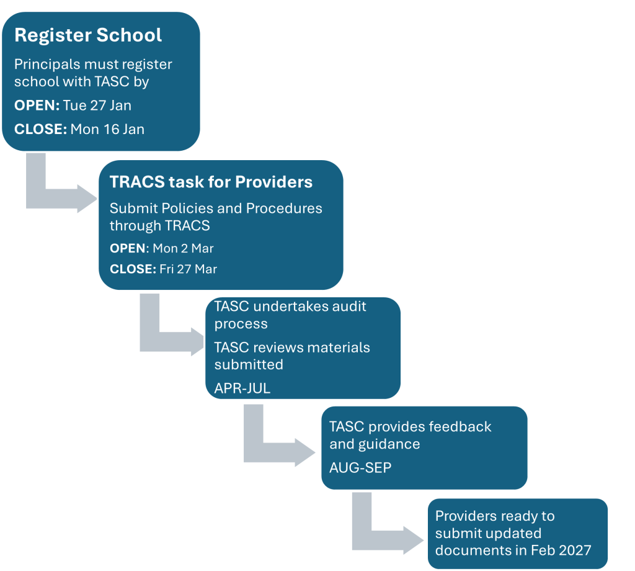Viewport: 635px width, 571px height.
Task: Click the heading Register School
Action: point(88,35)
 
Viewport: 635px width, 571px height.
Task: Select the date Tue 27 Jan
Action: point(97,106)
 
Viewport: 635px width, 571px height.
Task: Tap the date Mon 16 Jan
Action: point(107,129)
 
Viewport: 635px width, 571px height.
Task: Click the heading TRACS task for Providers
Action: point(211,182)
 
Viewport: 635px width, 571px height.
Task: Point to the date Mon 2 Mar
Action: point(183,248)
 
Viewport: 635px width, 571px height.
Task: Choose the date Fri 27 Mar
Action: point(188,269)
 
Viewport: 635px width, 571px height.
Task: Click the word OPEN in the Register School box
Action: point(36,106)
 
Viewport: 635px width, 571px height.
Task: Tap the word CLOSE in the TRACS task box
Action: point(132,269)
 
